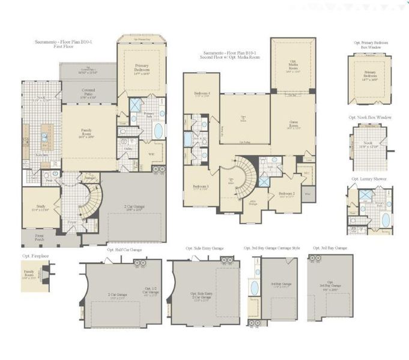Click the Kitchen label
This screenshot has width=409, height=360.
(x=42, y=155)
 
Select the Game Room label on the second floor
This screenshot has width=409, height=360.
(x=293, y=126)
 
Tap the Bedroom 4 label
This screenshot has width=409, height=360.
(x=201, y=94)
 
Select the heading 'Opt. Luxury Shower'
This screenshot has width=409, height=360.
(x=368, y=179)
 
